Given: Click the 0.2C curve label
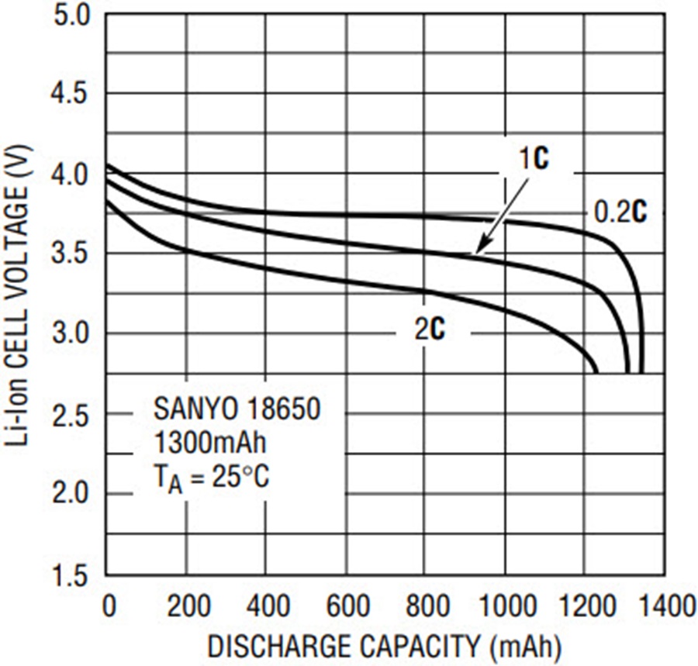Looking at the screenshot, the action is tap(620, 212).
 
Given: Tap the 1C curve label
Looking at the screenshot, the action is tap(534, 158).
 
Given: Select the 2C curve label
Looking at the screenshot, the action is tap(430, 330).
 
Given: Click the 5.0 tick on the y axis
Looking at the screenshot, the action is tap(72, 16).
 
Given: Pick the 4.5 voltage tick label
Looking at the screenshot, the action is tap(72, 94).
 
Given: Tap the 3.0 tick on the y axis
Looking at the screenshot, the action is tap(72, 333).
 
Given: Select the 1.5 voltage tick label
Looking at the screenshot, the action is tap(72, 576).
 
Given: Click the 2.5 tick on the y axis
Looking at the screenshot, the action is tap(72, 414).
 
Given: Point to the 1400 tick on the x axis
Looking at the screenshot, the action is tap(666, 606).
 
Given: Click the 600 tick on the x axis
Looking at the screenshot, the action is tap(347, 606).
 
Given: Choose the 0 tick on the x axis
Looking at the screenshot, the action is tap(109, 606).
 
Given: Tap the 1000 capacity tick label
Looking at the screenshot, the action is tap(506, 606).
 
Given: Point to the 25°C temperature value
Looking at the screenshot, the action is tap(240, 478).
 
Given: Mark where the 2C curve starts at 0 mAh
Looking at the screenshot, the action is tap(107, 202).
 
